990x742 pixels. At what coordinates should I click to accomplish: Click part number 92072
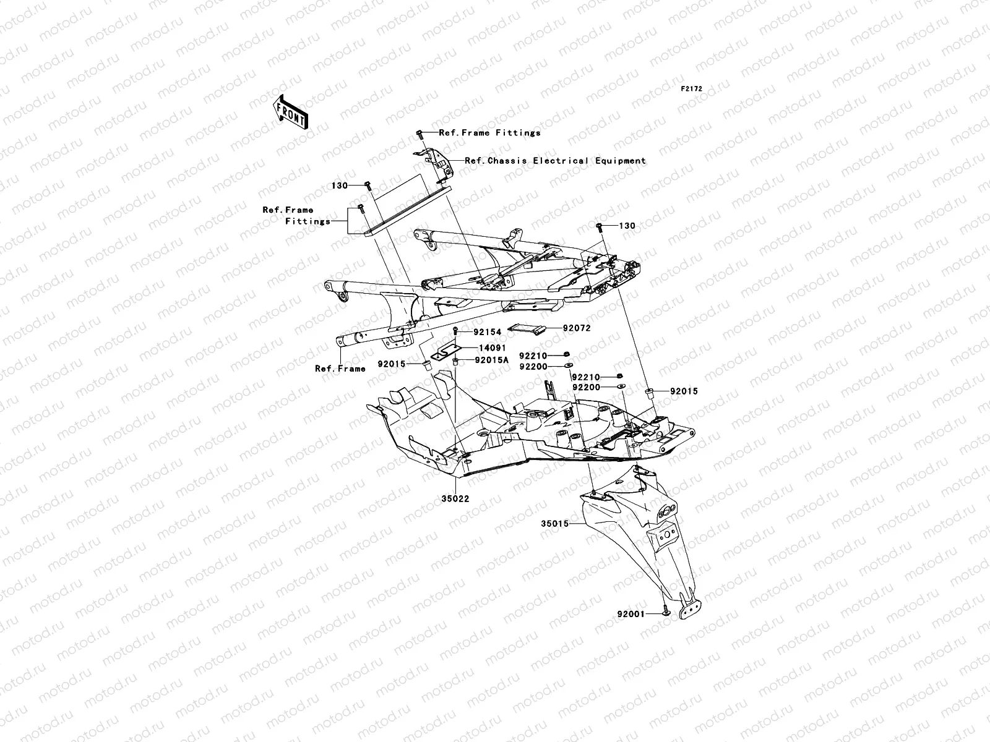576,328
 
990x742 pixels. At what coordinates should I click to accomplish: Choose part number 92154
488,332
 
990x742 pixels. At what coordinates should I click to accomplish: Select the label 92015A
492,360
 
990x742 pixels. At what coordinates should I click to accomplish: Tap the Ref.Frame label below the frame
340,369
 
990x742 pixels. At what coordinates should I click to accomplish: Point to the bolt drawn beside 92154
456,331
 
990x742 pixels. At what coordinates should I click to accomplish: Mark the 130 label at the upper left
339,185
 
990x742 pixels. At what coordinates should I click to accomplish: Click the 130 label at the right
627,226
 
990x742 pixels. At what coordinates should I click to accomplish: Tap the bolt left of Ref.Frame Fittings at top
419,133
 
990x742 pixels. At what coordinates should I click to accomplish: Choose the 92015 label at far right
684,391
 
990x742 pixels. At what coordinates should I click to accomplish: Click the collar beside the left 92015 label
426,364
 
